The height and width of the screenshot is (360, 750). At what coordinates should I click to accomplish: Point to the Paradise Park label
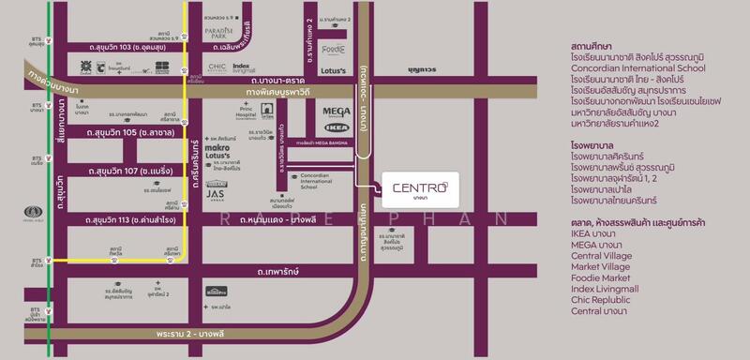(x=225, y=34)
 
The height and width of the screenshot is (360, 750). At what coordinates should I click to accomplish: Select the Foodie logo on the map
(x=334, y=49)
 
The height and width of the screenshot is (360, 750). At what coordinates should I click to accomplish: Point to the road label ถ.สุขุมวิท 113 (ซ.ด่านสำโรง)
(x=136, y=220)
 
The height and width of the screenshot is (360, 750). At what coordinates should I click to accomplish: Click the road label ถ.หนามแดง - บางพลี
(x=284, y=220)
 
